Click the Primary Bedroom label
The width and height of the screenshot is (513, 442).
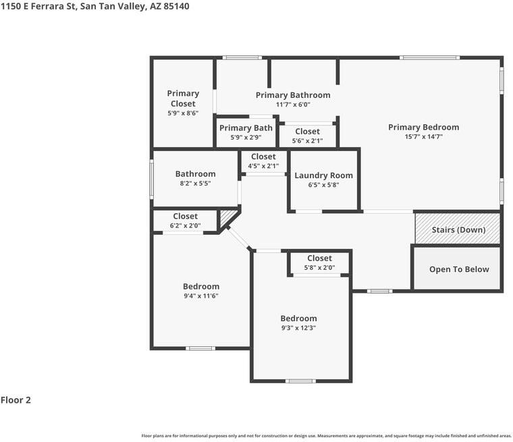click(423, 127)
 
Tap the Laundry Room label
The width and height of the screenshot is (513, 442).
click(323, 175)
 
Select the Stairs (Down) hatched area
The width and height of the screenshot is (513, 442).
click(458, 229)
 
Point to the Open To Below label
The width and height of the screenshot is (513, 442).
click(459, 269)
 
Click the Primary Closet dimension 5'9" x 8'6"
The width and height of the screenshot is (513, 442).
click(183, 114)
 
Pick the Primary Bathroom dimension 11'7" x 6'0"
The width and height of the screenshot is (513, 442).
click(293, 105)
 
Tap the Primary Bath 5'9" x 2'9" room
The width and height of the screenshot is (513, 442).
click(246, 132)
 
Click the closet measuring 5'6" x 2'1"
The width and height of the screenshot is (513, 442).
click(307, 136)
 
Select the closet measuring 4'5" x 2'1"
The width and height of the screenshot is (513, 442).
click(263, 161)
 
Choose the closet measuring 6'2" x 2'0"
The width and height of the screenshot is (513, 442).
click(185, 221)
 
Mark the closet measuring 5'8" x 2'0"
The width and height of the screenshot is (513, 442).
click(319, 263)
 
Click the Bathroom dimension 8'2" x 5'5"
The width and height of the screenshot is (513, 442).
click(195, 183)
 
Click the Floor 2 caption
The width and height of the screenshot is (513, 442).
click(16, 400)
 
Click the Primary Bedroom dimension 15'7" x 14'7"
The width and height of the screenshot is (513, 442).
click(423, 136)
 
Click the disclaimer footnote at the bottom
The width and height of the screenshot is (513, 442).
click(326, 435)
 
